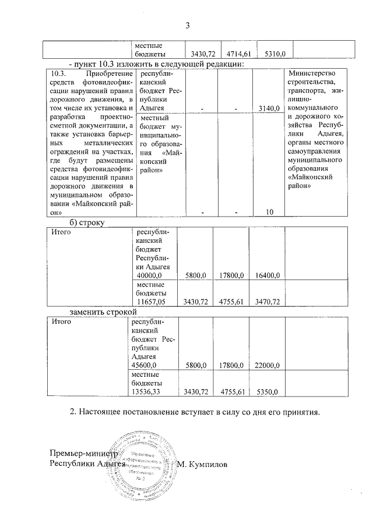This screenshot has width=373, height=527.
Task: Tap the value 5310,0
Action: [x=274, y=54]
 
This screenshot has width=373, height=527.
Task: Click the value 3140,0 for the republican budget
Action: [x=270, y=108]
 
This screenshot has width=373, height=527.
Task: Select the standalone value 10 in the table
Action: [x=269, y=213]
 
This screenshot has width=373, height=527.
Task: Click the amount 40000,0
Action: [x=149, y=275]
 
